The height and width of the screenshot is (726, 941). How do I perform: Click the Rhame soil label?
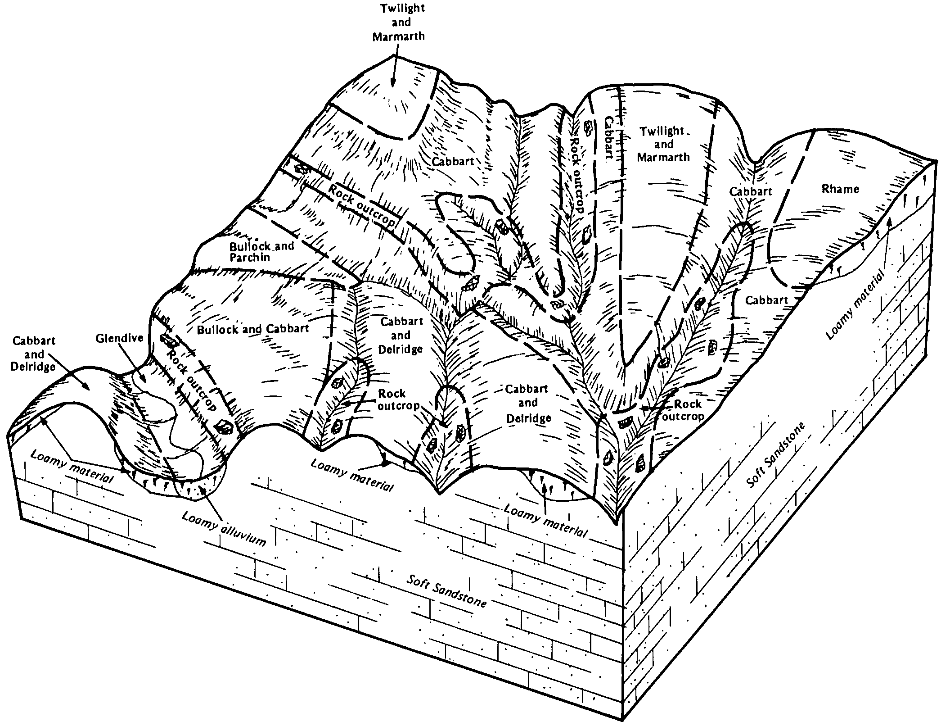click(840, 189)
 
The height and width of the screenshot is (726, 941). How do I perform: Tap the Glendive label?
click(119, 338)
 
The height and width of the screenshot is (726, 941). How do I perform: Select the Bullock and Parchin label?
click(261, 252)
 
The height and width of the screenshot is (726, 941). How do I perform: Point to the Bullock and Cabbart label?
click(253, 329)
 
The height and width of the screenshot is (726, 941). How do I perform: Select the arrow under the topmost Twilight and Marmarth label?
click(393, 70)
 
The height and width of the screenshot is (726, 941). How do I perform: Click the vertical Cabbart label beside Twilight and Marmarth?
click(608, 139)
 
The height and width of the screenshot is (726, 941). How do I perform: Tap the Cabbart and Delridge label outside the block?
click(34, 354)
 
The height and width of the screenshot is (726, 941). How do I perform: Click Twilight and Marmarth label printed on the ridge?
click(663, 144)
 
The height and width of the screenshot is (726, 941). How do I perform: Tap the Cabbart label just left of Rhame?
click(750, 191)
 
